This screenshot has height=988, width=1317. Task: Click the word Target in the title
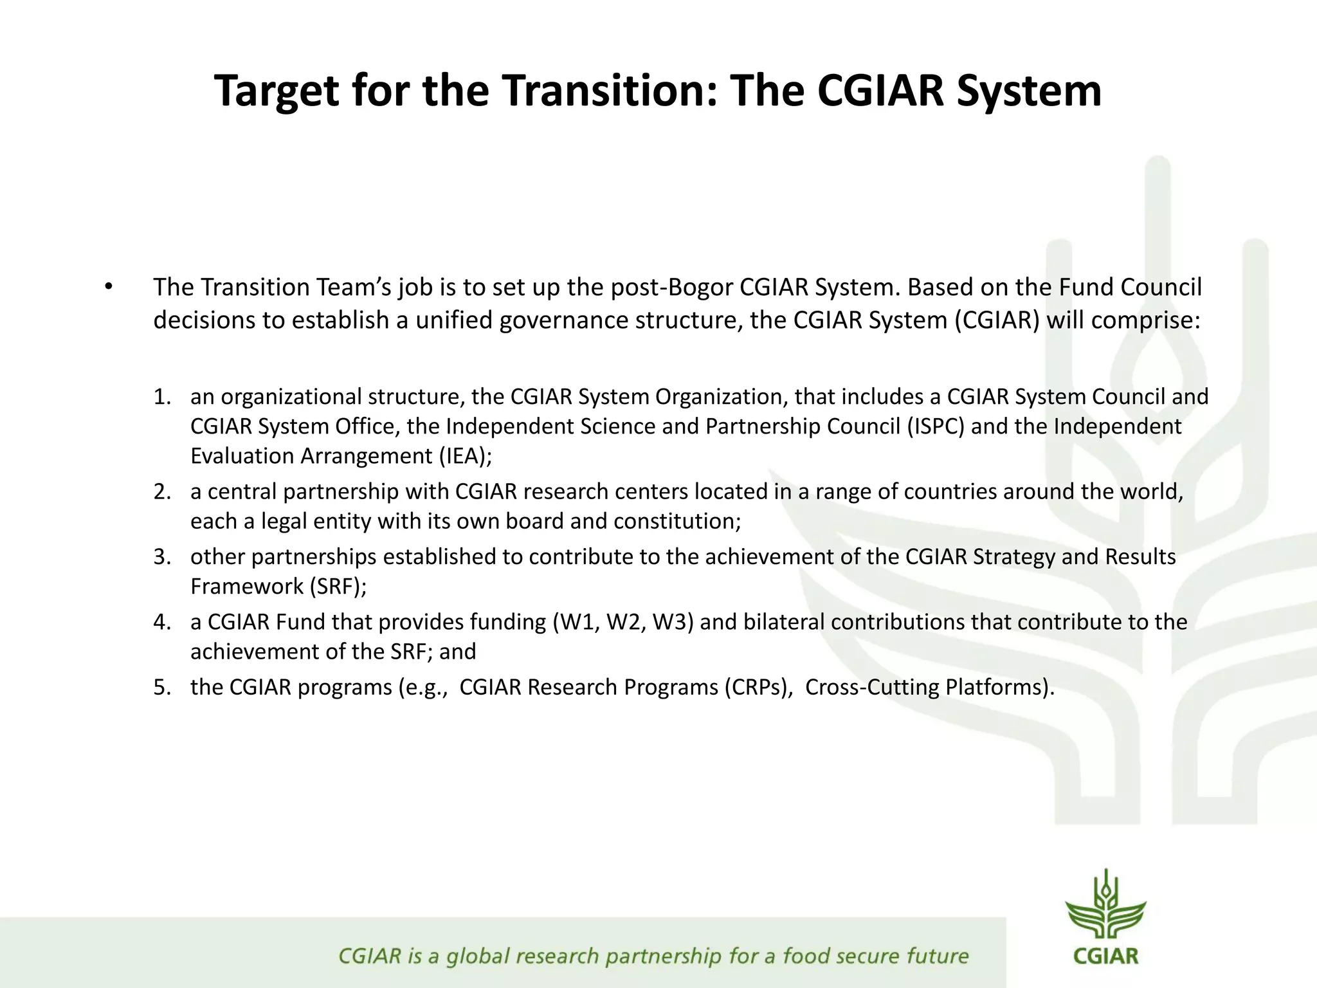coord(277,91)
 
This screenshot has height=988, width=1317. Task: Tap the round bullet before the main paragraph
coord(109,287)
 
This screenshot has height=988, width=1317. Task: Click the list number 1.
coord(162,397)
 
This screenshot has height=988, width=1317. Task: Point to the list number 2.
coord(162,492)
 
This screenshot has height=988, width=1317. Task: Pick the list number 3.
coord(162,557)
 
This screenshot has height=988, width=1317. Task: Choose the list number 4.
coord(162,623)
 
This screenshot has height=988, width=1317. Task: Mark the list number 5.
coord(162,688)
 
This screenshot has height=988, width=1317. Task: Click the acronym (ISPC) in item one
coord(936,426)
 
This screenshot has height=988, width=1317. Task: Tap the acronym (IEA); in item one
coord(466,456)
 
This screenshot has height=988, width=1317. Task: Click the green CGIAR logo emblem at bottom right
coord(1105,904)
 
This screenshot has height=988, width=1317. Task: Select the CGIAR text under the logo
coord(1105,956)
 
